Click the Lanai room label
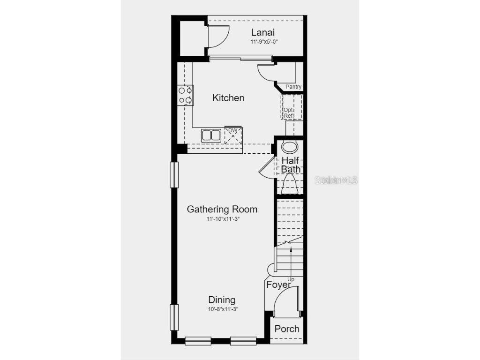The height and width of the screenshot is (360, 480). click(262, 32)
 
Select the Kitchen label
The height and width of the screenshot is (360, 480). click(228, 98)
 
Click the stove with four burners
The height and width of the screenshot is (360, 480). click(185, 95)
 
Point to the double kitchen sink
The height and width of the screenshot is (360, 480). click(211, 135)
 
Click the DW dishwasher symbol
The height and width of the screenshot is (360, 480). click(233, 135)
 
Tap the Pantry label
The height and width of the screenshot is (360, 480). click(293, 87)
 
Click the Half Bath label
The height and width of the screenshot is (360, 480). click(291, 165)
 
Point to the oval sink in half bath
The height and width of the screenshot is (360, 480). click(290, 147)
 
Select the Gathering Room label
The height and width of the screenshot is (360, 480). click(222, 209)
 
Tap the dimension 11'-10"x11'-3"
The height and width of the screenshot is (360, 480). click(223, 219)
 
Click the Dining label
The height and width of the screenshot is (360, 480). click(222, 300)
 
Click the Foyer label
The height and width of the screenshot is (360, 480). click(278, 285)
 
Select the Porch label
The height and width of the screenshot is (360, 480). click(287, 329)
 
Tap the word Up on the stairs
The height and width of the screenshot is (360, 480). click(291, 279)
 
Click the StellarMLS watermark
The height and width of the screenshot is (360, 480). click(336, 180)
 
